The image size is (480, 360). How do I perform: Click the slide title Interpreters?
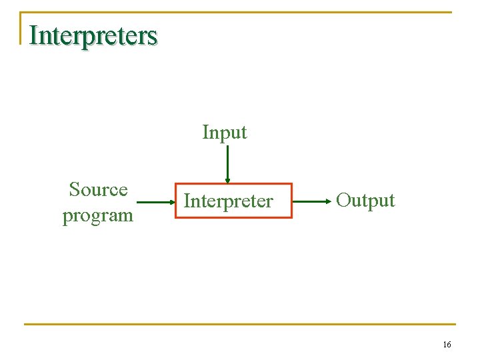[x=93, y=35]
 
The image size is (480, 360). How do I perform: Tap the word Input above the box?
[x=225, y=132]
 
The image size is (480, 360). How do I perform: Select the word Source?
[x=98, y=190]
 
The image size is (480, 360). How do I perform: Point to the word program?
[x=98, y=215]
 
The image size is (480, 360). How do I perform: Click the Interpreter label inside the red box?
[x=228, y=201]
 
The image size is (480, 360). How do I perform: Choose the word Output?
[x=365, y=200]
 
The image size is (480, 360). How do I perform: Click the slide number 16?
[x=447, y=345]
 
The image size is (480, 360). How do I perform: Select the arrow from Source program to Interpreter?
[x=155, y=200]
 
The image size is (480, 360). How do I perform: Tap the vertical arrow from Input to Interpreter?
[x=227, y=163]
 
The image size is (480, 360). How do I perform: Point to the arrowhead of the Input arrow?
[x=227, y=180]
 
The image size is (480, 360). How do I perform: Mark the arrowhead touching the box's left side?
[x=171, y=200]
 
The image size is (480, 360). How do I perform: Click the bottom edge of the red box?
[x=233, y=217]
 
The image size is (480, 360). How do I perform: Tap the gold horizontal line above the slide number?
[x=240, y=325]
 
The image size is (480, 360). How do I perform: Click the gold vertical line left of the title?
[x=20, y=28]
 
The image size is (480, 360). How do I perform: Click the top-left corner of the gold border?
[x=21, y=13]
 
